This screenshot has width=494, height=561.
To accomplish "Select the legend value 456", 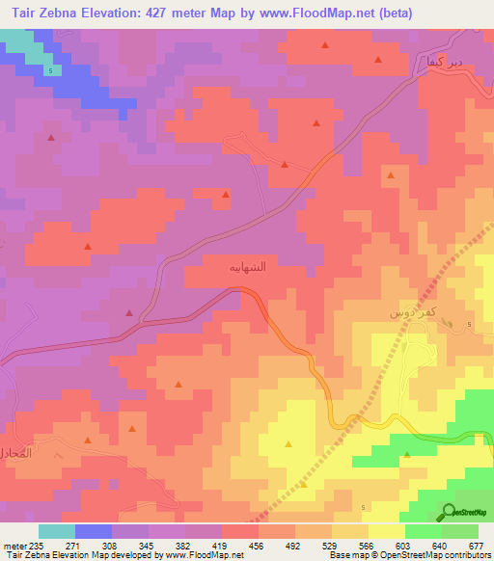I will [x=258, y=546].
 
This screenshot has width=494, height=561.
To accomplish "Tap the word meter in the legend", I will [x=14, y=546].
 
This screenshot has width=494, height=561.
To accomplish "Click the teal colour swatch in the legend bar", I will [x=57, y=531].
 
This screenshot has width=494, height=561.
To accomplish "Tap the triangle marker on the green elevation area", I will [x=406, y=453].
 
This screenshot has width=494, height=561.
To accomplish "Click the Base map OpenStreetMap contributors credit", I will [x=410, y=555].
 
